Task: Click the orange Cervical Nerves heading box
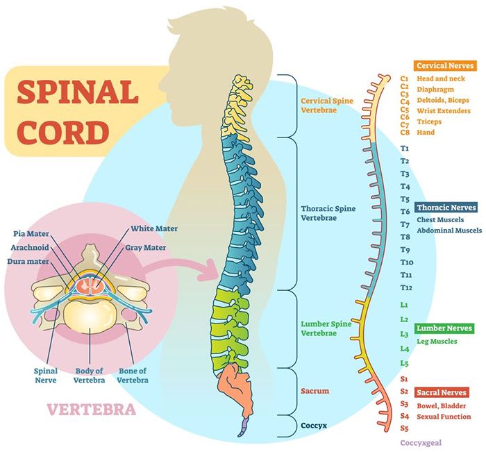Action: [445, 65]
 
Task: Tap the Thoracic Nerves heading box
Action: [446, 208]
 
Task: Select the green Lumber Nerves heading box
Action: [444, 328]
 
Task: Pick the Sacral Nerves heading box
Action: [442, 392]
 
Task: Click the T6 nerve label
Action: [405, 212]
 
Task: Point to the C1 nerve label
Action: [404, 79]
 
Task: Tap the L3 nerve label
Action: [404, 334]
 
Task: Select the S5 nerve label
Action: [404, 428]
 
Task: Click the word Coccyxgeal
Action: [421, 443]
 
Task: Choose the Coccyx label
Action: [314, 426]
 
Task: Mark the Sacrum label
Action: [315, 391]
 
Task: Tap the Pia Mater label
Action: [31, 234]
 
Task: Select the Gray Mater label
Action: [145, 248]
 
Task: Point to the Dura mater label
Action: [28, 262]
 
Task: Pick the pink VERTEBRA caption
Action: [92, 410]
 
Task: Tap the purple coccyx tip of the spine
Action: [244, 427]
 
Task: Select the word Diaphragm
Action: [435, 90]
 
